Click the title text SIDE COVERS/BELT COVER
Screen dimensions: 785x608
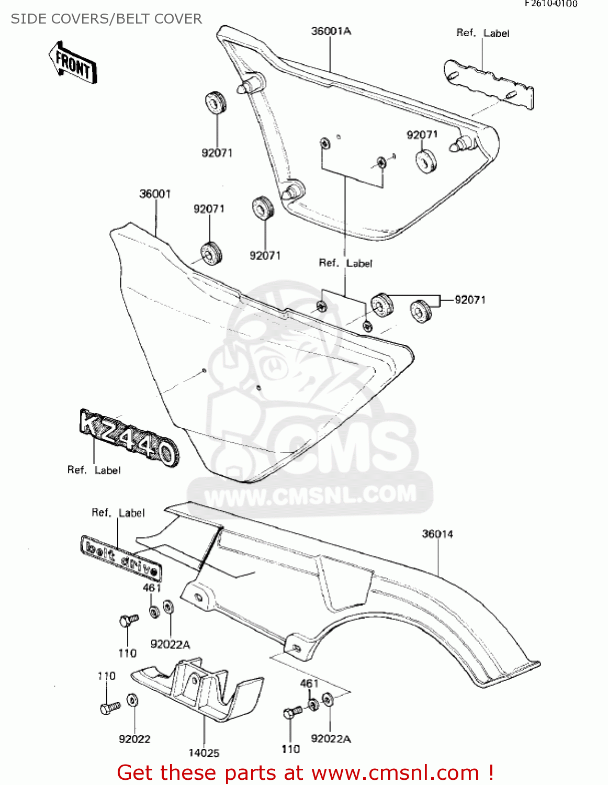pos(106,19)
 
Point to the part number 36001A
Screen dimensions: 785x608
pos(331,31)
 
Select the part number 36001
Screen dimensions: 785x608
pos(155,194)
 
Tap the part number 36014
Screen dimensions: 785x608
pos(437,534)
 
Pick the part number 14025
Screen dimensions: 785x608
pos(204,753)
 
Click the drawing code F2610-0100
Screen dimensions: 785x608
pos(551,4)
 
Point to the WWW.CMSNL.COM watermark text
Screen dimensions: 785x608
pos(310,495)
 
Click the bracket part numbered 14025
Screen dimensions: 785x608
pos(199,691)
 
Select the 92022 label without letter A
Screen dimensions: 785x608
pos(134,738)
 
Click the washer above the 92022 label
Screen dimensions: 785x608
pos(133,700)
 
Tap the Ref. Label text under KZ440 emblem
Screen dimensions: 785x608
pos(94,470)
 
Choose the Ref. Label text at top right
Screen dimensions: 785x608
pos(482,33)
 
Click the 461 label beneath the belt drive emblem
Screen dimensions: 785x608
pos(152,588)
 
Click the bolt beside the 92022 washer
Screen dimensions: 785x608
pos(110,708)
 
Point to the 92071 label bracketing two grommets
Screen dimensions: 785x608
pos(470,300)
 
